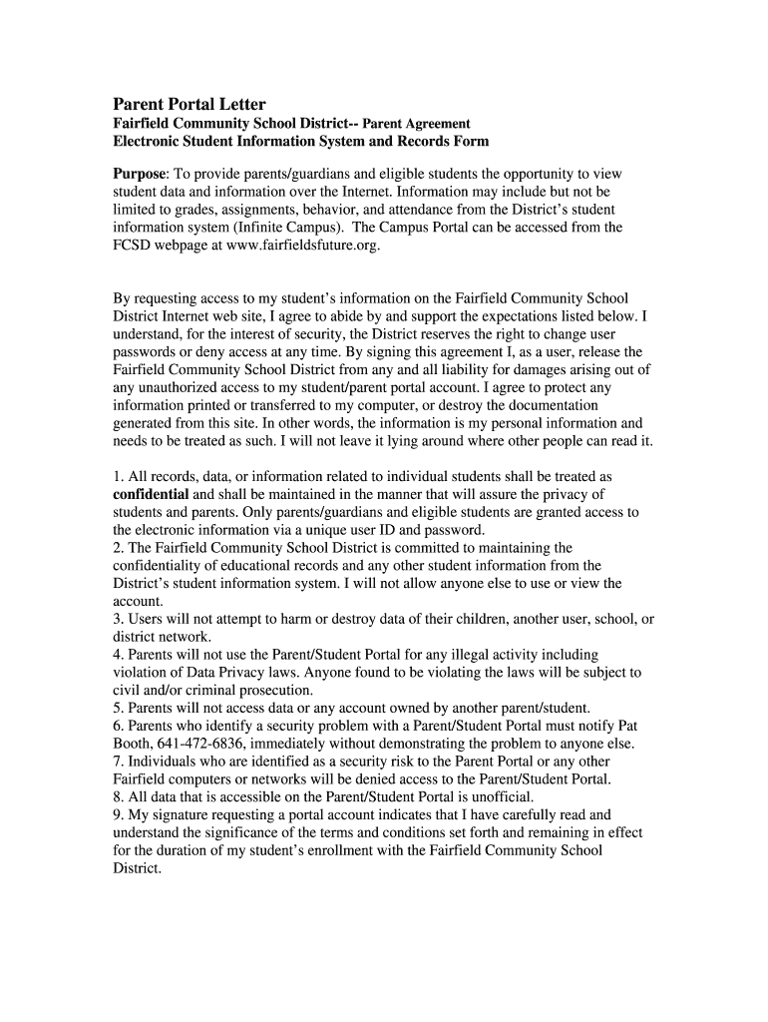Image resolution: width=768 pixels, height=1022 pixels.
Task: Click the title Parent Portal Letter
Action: [189, 104]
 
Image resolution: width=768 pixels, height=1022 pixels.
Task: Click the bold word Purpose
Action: [140, 173]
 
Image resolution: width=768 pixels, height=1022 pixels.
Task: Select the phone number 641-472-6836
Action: [205, 743]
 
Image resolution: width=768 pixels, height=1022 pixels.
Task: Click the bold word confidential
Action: [151, 494]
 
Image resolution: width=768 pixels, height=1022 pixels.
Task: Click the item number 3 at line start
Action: [117, 619]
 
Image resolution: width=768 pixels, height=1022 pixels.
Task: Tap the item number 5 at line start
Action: [117, 708]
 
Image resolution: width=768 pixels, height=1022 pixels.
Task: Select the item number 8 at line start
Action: [117, 796]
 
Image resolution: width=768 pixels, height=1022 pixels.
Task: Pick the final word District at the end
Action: [137, 868]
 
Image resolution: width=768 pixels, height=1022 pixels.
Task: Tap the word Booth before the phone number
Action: [133, 743]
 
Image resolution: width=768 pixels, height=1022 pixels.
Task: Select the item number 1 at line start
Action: [117, 476]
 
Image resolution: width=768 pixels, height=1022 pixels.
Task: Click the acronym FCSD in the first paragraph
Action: [133, 245]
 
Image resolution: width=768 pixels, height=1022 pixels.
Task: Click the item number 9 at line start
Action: [117, 814]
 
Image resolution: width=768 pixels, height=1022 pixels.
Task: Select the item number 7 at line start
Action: [117, 761]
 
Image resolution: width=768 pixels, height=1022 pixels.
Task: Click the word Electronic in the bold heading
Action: [149, 142]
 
